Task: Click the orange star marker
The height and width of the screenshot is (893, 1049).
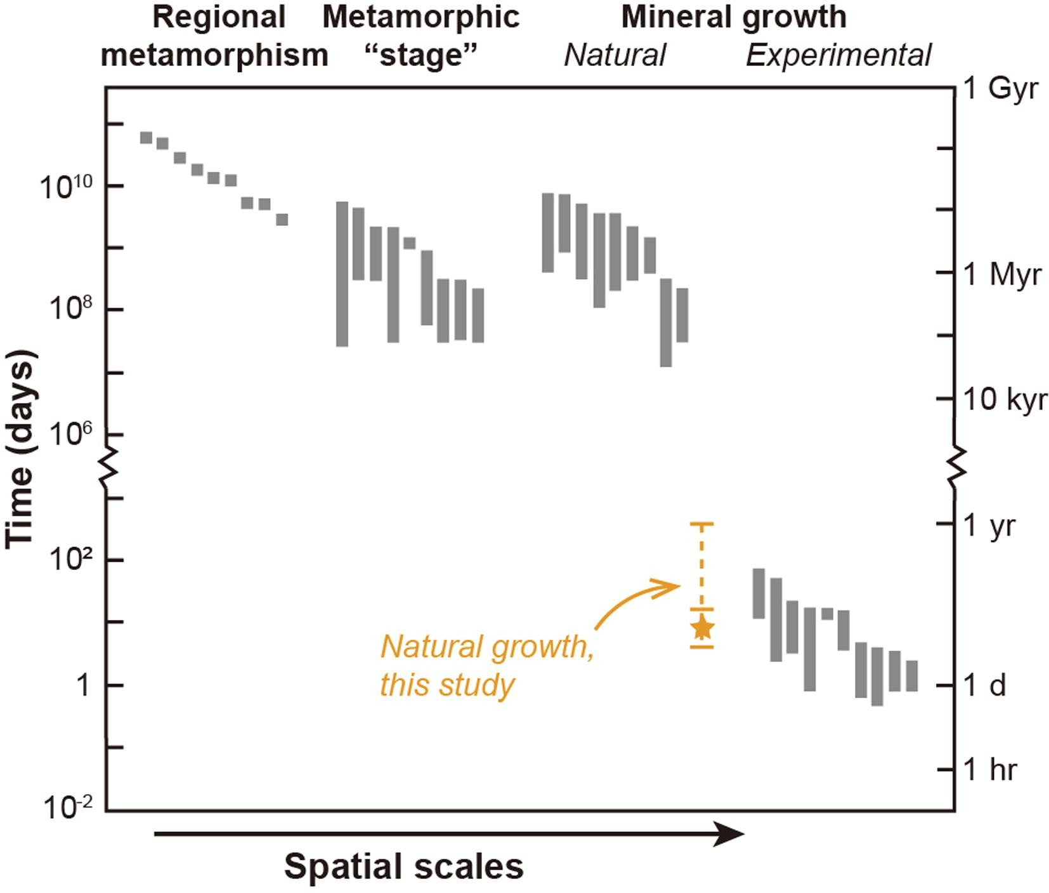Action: tap(702, 628)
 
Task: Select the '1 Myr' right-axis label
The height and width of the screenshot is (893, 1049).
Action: tap(1002, 275)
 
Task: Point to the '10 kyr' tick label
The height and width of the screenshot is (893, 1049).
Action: tap(1005, 400)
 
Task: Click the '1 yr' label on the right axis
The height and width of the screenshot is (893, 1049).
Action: tap(990, 526)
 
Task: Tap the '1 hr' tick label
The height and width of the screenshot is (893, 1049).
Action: tap(990, 770)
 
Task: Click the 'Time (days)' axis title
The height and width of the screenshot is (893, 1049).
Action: tap(21, 449)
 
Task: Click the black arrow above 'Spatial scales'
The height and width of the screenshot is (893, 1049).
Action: tap(448, 834)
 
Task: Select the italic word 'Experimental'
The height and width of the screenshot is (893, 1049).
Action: tap(838, 56)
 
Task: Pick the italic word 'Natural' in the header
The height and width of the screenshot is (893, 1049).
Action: tap(615, 56)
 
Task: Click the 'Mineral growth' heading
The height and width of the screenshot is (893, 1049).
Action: tap(734, 18)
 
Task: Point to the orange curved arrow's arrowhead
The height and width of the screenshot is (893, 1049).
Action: tap(674, 585)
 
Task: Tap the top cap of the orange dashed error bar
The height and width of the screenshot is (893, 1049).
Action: tap(701, 524)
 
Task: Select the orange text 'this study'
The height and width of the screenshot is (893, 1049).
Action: tap(447, 685)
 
